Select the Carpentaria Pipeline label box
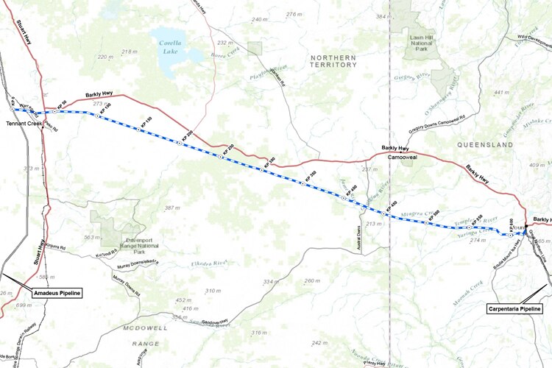pos(515,309)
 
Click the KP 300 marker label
pos(269,160)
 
